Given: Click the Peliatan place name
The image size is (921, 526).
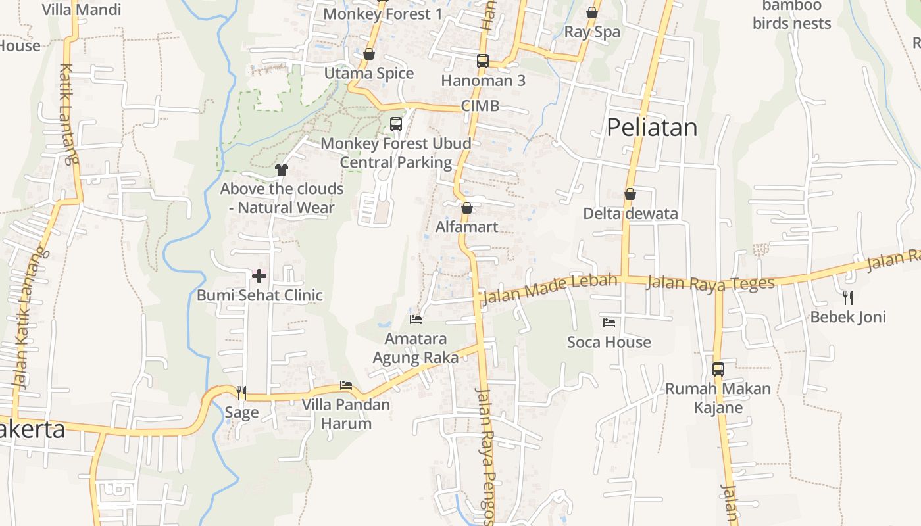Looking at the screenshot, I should click(x=651, y=128).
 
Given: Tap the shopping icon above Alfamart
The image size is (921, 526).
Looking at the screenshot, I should click(x=467, y=208).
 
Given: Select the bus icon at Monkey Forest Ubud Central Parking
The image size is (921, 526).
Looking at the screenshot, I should click(x=396, y=124).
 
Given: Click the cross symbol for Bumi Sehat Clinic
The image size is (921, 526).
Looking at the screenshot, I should click(x=259, y=276).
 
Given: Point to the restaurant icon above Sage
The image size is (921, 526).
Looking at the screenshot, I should click(x=241, y=393).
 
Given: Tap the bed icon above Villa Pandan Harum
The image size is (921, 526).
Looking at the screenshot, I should click(x=346, y=385).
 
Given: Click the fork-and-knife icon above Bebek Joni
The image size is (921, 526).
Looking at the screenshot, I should click(x=848, y=298).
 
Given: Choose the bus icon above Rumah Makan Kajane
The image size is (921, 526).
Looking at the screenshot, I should click(x=718, y=370).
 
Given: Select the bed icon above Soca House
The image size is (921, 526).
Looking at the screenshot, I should click(x=609, y=323).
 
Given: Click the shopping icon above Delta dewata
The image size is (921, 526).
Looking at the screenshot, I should click(x=630, y=195).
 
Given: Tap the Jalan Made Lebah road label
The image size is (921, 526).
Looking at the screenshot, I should click(x=549, y=289).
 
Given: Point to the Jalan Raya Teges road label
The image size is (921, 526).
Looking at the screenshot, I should click(x=710, y=283).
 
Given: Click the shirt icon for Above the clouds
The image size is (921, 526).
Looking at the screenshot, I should click(x=282, y=170).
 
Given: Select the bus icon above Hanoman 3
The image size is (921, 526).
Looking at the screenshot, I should click(x=483, y=61).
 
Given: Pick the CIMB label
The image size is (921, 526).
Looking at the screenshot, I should click(x=480, y=106).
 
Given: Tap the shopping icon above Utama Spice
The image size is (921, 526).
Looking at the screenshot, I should click(x=369, y=54).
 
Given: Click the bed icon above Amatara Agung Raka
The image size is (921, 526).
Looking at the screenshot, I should click(x=416, y=320).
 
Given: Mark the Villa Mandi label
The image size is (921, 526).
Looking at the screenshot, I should click(x=82, y=10).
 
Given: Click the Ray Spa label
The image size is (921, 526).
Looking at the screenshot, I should click(x=592, y=32).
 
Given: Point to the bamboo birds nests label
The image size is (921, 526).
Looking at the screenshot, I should click(x=792, y=14).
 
